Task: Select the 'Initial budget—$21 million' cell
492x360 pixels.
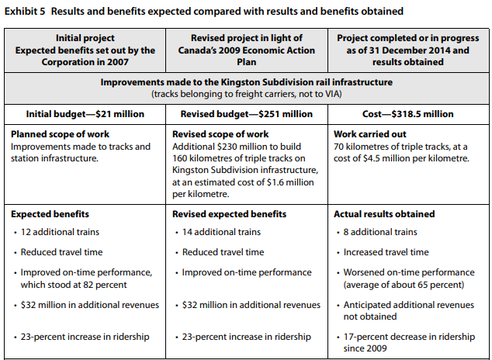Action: [x=84, y=114]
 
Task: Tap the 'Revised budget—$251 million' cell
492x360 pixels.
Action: [x=245, y=114]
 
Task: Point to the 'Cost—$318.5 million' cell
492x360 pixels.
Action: [x=405, y=114]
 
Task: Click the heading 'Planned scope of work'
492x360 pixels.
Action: [x=58, y=133]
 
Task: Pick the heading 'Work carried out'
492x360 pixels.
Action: [x=369, y=133]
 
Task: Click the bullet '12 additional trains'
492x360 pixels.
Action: [x=60, y=232]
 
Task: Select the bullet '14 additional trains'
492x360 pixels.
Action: [x=221, y=232]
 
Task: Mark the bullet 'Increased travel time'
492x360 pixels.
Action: [x=386, y=252]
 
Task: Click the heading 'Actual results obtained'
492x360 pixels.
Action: [x=384, y=213]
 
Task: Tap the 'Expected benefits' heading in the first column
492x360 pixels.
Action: [x=50, y=213]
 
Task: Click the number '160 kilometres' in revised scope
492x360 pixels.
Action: [x=203, y=157]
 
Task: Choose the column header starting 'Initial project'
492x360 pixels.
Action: [x=84, y=38]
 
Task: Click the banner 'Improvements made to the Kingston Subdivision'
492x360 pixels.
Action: [x=245, y=81]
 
